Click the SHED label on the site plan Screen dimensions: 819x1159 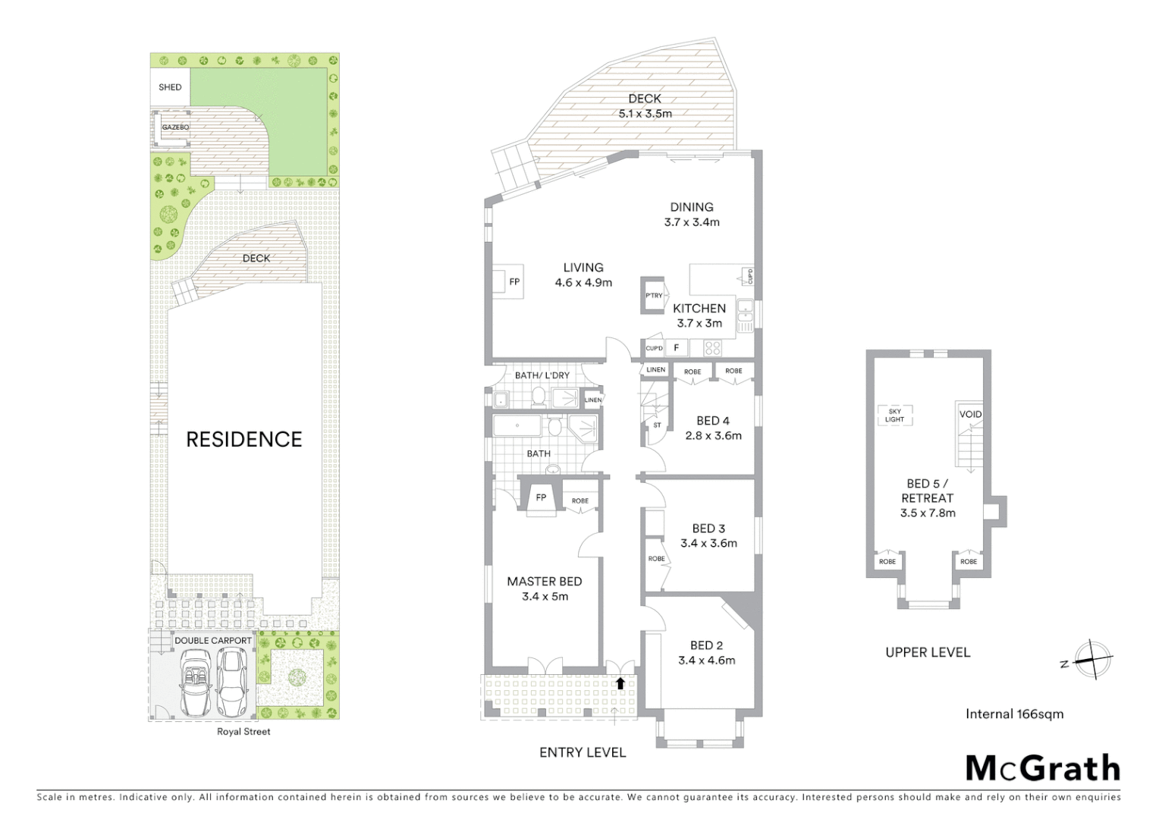(170, 87)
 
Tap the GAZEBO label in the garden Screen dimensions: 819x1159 (175, 127)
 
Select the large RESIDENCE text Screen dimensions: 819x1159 (244, 440)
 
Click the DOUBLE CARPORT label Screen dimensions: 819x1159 (213, 641)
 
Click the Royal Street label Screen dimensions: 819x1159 (243, 732)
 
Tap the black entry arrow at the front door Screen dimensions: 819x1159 (620, 683)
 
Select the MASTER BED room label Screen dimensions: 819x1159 (545, 582)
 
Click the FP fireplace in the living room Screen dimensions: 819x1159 (514, 282)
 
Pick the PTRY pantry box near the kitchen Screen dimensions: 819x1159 (654, 295)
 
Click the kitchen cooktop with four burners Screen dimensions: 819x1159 (713, 348)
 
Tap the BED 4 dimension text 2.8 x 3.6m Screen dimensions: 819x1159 (713, 436)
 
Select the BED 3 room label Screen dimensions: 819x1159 (708, 529)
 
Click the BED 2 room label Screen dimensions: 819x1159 (706, 645)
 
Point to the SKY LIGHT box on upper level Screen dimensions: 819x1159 (894, 416)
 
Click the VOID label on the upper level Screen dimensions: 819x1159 (970, 414)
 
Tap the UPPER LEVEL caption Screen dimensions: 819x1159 (928, 652)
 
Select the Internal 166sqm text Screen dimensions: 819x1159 (1014, 714)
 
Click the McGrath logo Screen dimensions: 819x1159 (1043, 768)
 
